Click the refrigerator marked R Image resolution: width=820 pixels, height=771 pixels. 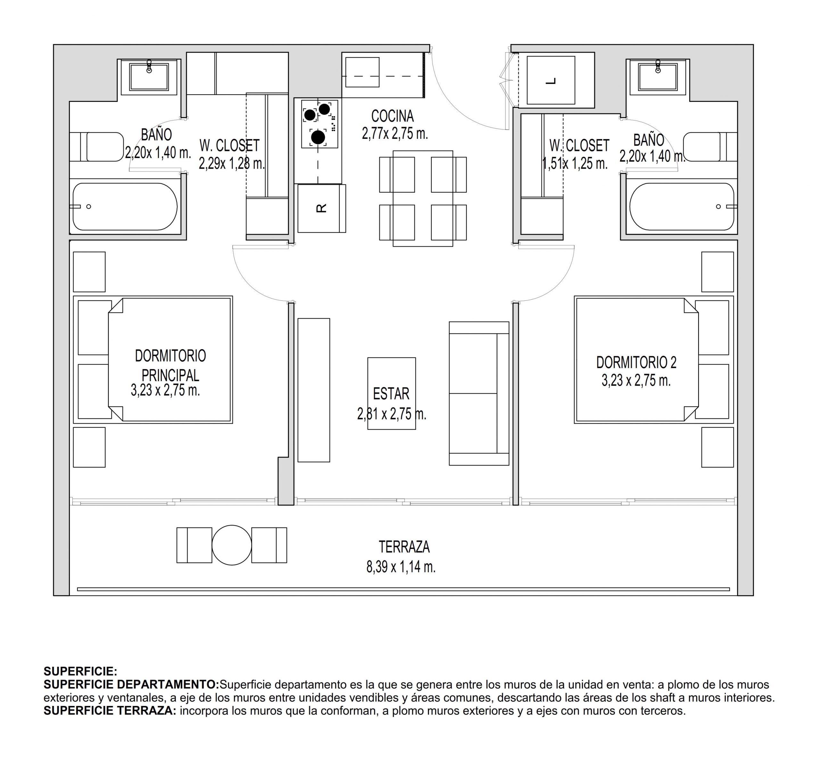click(321, 208)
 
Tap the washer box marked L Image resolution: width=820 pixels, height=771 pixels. click(551, 80)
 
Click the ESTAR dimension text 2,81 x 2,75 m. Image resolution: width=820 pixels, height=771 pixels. click(391, 414)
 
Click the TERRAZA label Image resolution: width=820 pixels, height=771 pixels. click(404, 547)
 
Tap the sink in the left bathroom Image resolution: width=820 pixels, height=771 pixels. click(149, 77)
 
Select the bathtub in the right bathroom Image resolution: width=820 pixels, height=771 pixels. click(681, 206)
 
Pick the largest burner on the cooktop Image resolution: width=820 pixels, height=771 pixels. click(318, 137)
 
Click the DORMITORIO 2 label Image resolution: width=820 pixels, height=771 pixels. click(636, 362)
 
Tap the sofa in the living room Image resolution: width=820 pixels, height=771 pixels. click(479, 393)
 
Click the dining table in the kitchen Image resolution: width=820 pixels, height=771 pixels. click(423, 198)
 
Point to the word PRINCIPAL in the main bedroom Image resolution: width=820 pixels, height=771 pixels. click(170, 375)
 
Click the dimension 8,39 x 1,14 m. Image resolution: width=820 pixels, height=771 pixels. click(400, 567)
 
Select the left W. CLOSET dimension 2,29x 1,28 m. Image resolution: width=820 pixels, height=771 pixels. click(231, 164)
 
